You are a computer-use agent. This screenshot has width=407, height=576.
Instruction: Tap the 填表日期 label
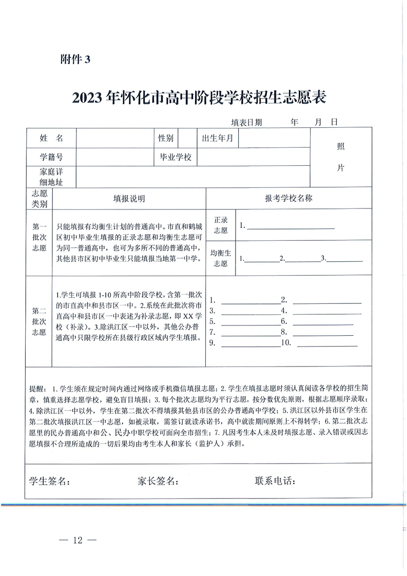click(x=246, y=123)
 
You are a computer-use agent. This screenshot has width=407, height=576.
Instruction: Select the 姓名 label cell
click(x=51, y=138)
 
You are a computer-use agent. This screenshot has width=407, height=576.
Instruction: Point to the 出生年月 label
click(x=218, y=138)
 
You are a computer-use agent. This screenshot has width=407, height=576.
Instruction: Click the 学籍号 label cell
click(x=51, y=157)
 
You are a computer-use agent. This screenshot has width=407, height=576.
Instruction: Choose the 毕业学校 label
click(x=176, y=157)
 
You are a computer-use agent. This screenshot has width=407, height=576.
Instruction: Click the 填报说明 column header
click(x=129, y=199)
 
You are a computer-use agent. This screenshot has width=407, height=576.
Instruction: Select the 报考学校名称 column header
click(x=288, y=199)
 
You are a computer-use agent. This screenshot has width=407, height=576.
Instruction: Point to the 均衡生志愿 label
click(x=221, y=258)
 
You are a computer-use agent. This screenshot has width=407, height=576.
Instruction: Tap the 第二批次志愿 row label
click(x=40, y=321)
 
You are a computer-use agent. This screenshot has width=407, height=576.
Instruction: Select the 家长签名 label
click(x=158, y=481)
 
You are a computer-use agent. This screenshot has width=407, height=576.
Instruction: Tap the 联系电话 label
click(x=276, y=481)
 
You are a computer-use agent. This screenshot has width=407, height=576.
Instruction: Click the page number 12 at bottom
click(x=77, y=540)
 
